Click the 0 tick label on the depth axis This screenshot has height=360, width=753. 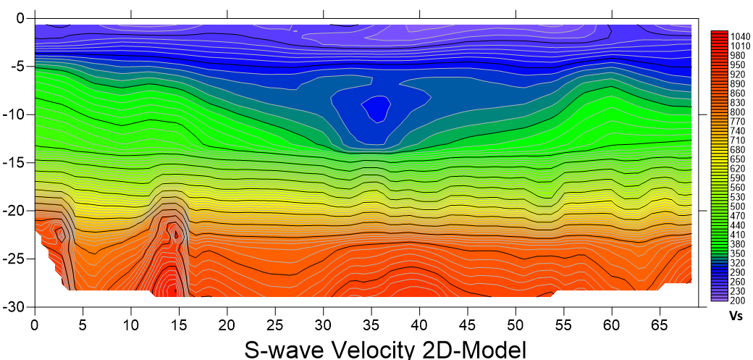pos(22,18)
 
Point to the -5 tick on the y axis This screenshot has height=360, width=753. pos(18,66)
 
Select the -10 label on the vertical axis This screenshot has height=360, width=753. pos(15,114)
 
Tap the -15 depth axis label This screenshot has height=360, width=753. pos(15,162)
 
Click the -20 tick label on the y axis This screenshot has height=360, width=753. pos(15,211)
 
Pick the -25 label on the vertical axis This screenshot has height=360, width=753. pos(15,259)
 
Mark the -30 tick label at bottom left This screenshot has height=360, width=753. pos(15,306)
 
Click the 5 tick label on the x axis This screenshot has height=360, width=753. pos(83,323)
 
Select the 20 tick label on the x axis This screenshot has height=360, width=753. pos(227,323)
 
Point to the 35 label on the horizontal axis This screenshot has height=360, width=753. pos(371,323)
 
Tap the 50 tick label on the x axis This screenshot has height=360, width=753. pos(516,323)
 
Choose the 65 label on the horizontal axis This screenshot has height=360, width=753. pos(660,323)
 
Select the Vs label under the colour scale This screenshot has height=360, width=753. pos(736,317)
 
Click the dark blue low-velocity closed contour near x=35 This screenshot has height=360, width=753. pos(376,109)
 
